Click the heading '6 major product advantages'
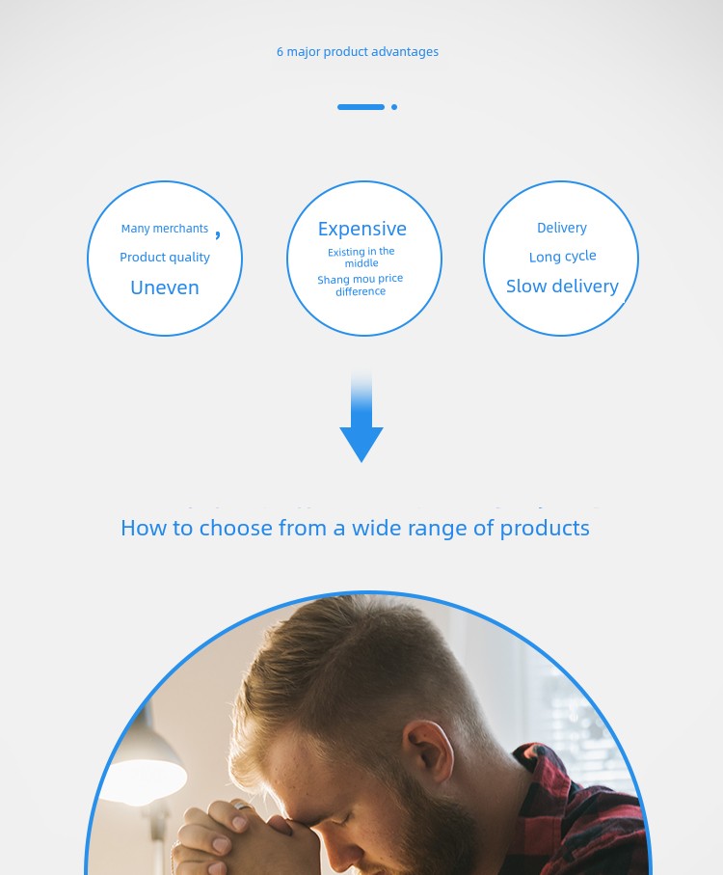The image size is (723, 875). (358, 52)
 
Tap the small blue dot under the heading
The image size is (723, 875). (394, 106)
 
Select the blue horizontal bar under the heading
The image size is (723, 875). (361, 106)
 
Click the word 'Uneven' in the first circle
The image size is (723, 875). (165, 287)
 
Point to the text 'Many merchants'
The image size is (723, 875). (165, 229)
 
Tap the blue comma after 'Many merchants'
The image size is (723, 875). (218, 234)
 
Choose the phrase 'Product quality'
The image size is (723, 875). (165, 258)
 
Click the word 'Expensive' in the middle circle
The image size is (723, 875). (362, 229)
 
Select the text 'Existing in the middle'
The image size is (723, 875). (361, 258)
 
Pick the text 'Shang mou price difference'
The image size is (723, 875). (361, 285)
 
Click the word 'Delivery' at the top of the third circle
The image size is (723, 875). (562, 228)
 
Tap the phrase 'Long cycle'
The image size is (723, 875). (562, 257)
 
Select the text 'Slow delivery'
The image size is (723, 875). (562, 287)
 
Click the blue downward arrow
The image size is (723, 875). (361, 416)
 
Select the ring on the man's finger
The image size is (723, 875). (242, 806)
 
